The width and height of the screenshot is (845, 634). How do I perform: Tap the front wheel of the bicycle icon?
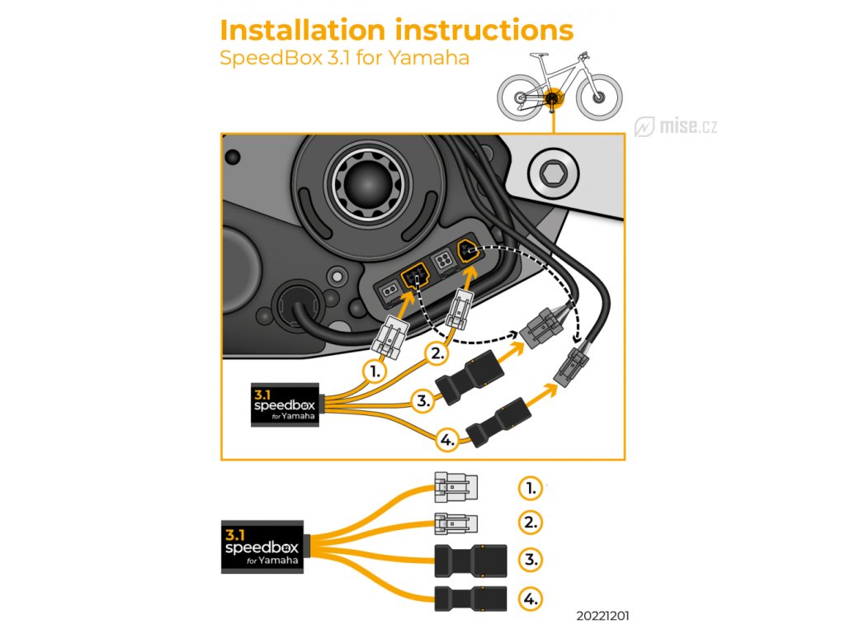point(598,97)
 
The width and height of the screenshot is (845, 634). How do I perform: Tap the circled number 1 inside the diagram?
point(376,371)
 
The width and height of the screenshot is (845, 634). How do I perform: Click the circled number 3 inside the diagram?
point(423,402)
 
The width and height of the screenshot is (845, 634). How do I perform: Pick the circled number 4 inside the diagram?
point(446,442)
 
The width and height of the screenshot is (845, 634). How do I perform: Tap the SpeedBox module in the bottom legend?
point(261,546)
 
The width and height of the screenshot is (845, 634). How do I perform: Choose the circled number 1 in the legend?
point(531,488)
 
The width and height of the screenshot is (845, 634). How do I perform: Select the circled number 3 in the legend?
point(531,559)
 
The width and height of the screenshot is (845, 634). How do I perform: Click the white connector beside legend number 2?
point(455,523)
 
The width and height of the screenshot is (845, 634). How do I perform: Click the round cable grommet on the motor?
point(295,301)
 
